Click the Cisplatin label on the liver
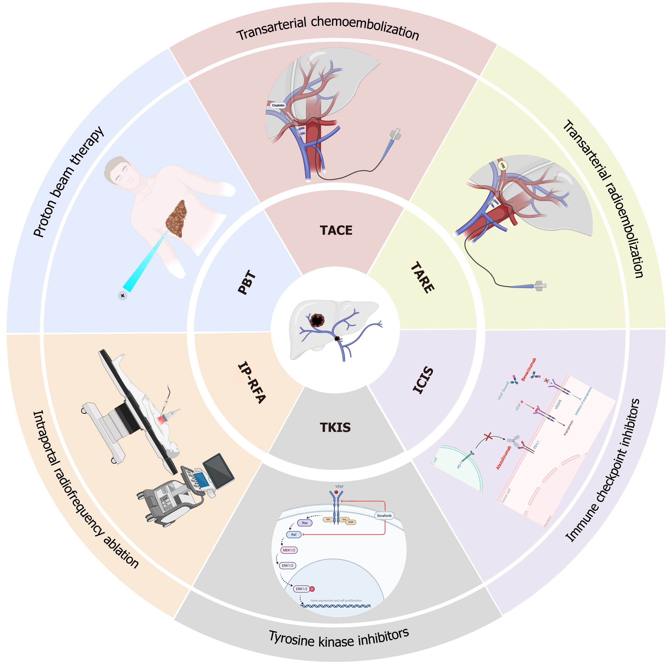(x=278, y=105)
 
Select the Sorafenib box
(x=384, y=516)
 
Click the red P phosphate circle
(x=312, y=589)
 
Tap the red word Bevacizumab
(x=529, y=369)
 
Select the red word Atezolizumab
(x=504, y=458)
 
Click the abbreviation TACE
(x=336, y=230)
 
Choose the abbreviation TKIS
(x=335, y=427)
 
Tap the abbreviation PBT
(x=247, y=282)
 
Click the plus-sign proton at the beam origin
(x=122, y=296)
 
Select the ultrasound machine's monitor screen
(x=218, y=470)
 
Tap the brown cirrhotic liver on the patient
(x=177, y=218)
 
